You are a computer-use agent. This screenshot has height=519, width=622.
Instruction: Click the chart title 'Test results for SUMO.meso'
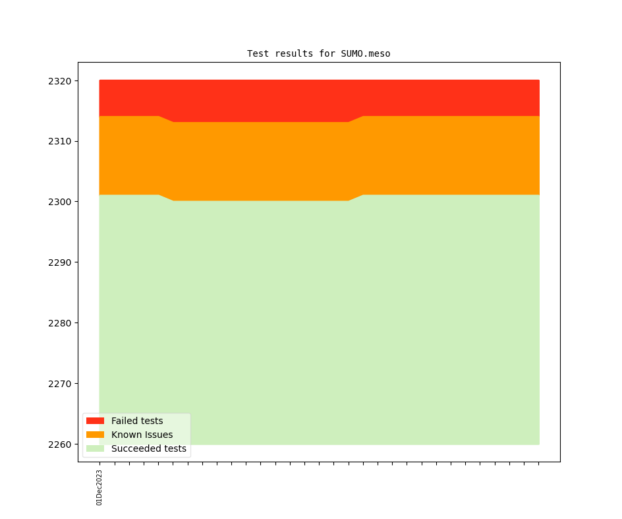click(x=318, y=53)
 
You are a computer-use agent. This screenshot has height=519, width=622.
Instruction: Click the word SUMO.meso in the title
click(x=366, y=53)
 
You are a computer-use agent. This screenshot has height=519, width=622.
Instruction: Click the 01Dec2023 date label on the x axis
click(x=99, y=487)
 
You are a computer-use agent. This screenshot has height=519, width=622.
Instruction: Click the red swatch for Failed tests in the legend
click(x=95, y=421)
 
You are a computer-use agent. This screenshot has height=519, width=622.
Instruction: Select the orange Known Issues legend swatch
click(x=95, y=435)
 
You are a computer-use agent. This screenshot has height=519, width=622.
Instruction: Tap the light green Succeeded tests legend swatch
click(x=95, y=448)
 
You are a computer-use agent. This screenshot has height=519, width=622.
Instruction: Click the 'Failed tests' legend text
click(x=137, y=421)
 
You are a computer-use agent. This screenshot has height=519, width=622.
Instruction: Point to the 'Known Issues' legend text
click(x=142, y=435)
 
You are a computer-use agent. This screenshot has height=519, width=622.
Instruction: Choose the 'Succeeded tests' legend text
click(x=149, y=448)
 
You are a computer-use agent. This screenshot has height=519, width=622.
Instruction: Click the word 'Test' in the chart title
click(x=258, y=53)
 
